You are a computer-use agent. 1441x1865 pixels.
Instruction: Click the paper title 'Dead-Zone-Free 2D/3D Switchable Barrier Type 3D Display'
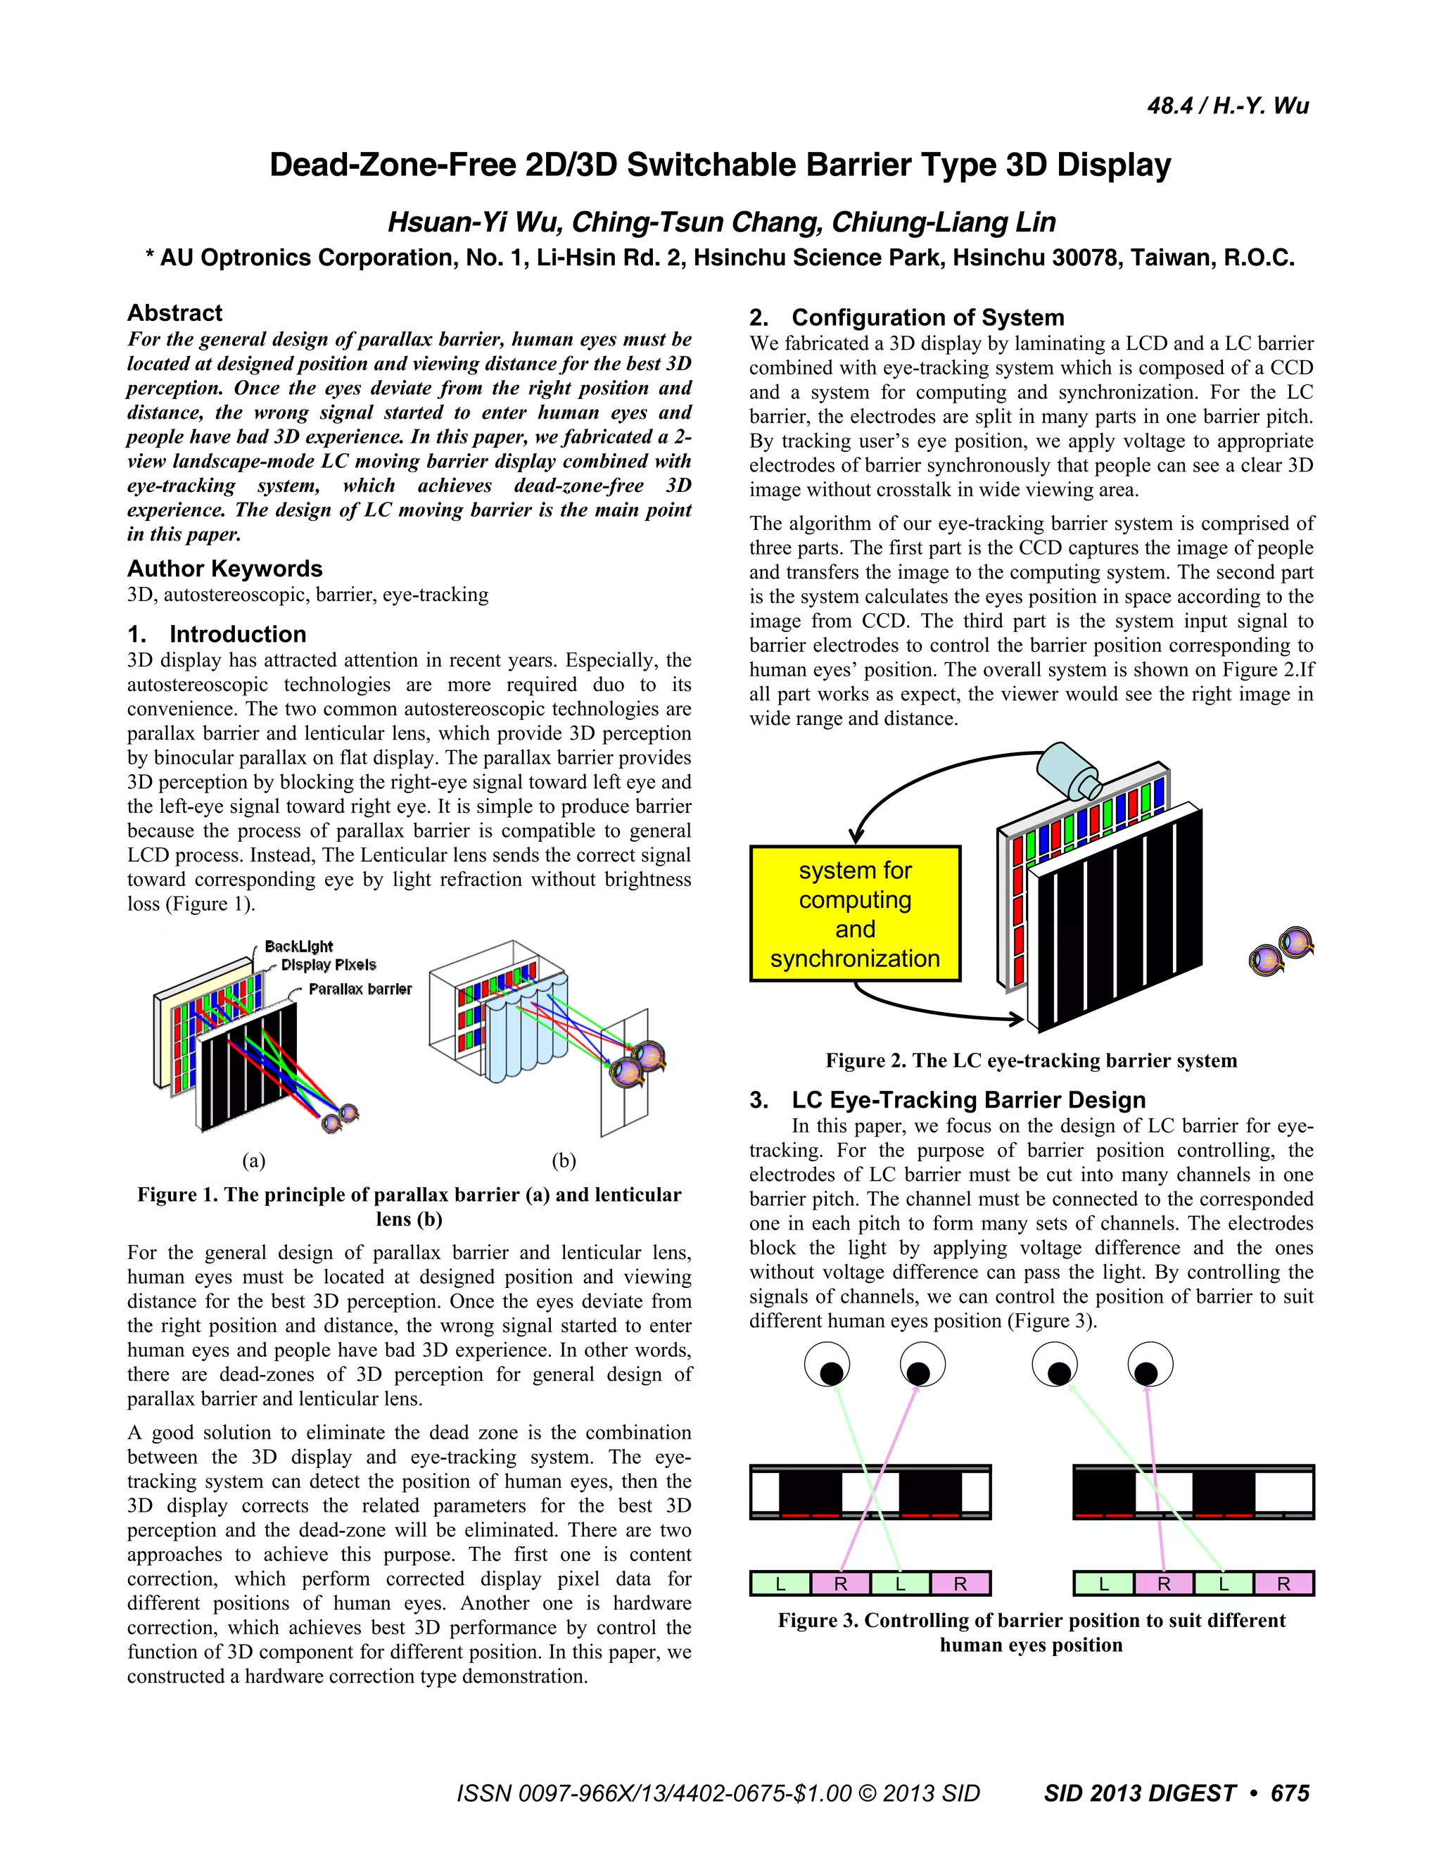coord(720,165)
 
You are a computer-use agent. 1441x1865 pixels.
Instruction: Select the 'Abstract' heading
coord(174,312)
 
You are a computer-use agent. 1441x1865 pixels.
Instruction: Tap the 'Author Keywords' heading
coord(224,569)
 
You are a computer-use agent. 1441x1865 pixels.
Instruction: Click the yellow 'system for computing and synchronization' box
coord(854,913)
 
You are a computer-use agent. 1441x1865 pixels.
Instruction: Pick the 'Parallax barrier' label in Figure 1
coord(360,989)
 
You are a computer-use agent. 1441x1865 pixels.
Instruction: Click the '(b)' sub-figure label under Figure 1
coord(564,1161)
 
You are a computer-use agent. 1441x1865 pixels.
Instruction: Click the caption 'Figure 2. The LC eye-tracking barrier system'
coord(1030,1061)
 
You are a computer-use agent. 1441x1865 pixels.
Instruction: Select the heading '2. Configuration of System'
coord(906,317)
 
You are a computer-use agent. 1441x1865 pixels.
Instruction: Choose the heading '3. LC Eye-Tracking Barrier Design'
coord(948,1100)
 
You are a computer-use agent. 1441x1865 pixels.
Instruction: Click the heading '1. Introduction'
coord(217,635)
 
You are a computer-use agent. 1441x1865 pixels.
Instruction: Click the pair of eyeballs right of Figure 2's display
coord(1281,950)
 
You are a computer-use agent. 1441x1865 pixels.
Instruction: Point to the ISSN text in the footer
coord(718,1793)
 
